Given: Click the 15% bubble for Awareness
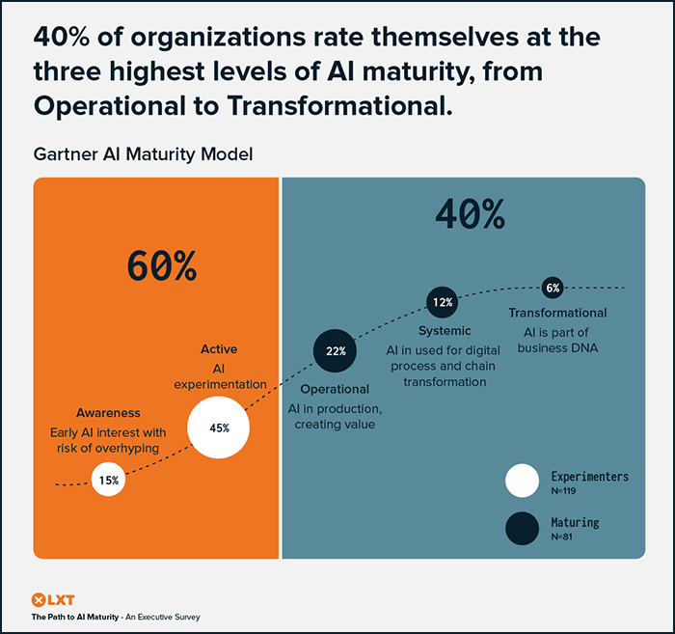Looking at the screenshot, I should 109,479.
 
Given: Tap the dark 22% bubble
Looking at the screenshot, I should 336,351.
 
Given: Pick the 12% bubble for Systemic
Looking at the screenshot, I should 444,302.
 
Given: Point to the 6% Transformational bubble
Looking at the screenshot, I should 553,288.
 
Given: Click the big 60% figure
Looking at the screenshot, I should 161,265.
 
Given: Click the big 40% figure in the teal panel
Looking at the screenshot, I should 470,214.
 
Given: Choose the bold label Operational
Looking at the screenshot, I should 334,390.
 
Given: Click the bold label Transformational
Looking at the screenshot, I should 557,313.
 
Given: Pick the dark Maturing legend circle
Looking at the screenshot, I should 522,528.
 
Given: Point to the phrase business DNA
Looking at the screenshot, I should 557,348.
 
